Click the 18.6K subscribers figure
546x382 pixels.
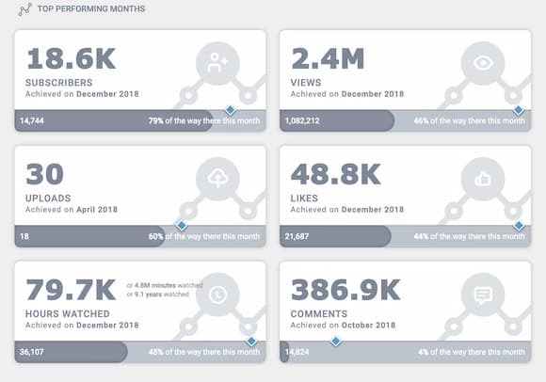tap(71, 58)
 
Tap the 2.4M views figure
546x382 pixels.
tap(327, 58)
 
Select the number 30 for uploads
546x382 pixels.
tap(44, 174)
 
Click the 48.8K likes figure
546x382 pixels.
tap(337, 174)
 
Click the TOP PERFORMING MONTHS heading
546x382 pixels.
tap(90, 8)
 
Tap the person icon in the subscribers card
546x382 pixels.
tap(218, 63)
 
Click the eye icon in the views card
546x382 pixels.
tap(483, 63)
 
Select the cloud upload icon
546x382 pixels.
tap(218, 179)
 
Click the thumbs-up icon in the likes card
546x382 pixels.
tap(483, 179)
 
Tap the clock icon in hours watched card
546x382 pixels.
tap(218, 294)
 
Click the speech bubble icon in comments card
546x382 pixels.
tap(483, 294)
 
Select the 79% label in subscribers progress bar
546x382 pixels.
tap(156, 120)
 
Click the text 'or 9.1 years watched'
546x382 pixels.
tap(158, 294)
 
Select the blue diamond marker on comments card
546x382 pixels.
tap(333, 342)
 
